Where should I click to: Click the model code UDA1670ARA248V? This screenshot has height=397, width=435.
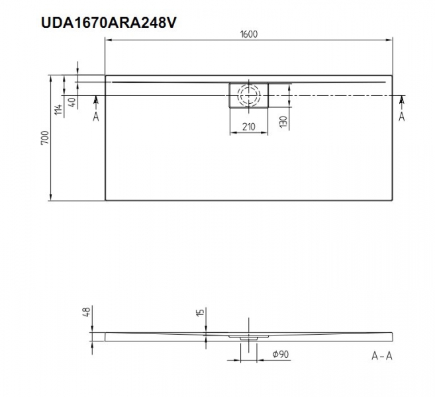point(109,22)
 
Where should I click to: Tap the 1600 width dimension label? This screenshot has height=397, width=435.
point(248,34)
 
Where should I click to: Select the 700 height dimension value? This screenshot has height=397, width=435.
point(44,138)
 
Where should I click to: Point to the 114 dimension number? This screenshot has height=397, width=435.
point(58,110)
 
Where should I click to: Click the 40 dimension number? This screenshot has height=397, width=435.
point(72,102)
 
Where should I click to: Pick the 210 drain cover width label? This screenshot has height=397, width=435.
point(248,126)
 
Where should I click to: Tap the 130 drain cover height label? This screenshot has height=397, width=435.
point(283,122)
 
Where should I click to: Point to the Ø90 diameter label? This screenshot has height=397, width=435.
point(281,354)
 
